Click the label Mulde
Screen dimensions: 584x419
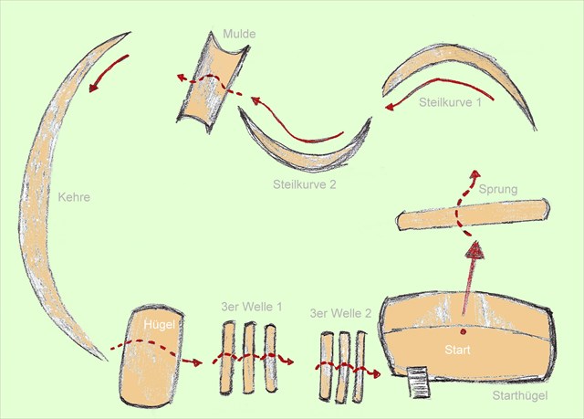click(x=239, y=34)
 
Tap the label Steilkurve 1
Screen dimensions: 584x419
click(x=450, y=102)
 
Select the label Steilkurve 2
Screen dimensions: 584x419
click(x=304, y=184)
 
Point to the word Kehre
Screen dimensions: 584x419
click(x=74, y=196)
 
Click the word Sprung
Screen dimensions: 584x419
click(x=498, y=189)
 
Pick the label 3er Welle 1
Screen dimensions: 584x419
click(x=252, y=307)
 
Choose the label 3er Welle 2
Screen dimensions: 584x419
click(x=340, y=313)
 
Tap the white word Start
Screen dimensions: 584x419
click(x=457, y=350)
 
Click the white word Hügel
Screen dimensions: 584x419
click(x=159, y=325)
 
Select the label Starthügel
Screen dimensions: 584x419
click(x=520, y=395)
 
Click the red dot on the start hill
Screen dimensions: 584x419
click(x=464, y=332)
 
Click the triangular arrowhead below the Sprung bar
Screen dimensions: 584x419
click(x=475, y=250)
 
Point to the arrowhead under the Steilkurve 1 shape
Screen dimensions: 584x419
click(x=390, y=107)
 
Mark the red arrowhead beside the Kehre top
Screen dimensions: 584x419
click(x=94, y=88)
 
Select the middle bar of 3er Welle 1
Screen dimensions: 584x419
click(x=249, y=358)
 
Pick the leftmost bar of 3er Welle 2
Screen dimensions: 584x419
click(x=326, y=367)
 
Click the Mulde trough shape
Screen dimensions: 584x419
click(x=212, y=82)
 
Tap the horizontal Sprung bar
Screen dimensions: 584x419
click(x=473, y=215)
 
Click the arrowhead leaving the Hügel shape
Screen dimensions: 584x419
click(x=197, y=361)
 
